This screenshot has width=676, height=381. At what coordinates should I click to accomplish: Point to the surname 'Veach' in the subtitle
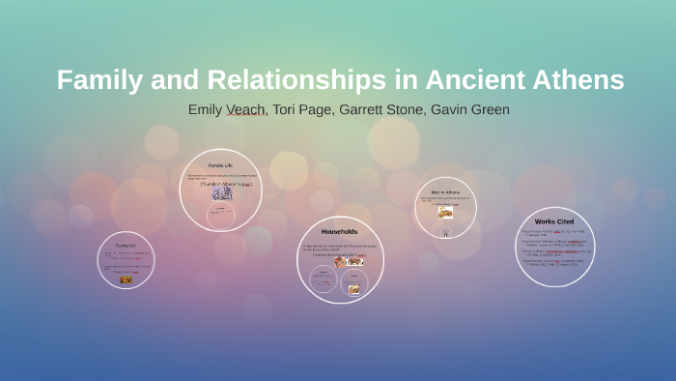pyautogui.click(x=245, y=109)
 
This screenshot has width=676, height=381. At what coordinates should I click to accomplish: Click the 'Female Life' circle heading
pyautogui.click(x=221, y=164)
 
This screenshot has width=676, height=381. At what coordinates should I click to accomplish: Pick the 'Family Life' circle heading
pyautogui.click(x=126, y=246)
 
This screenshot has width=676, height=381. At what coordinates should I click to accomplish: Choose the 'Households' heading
pyautogui.click(x=339, y=232)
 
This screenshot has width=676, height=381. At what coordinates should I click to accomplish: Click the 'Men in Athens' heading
pyautogui.click(x=445, y=191)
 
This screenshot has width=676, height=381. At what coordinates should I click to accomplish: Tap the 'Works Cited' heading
pyautogui.click(x=554, y=221)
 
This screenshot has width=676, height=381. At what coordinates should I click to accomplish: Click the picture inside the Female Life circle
pyautogui.click(x=222, y=193)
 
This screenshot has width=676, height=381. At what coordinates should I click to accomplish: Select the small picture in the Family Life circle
pyautogui.click(x=126, y=279)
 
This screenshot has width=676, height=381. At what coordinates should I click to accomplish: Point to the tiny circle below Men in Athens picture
pyautogui.click(x=445, y=233)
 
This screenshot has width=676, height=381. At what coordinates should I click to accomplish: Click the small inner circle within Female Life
pyautogui.click(x=221, y=215)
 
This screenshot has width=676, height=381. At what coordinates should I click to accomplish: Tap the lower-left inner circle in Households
pyautogui.click(x=323, y=280)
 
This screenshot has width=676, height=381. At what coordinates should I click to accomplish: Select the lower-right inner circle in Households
pyautogui.click(x=354, y=284)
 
